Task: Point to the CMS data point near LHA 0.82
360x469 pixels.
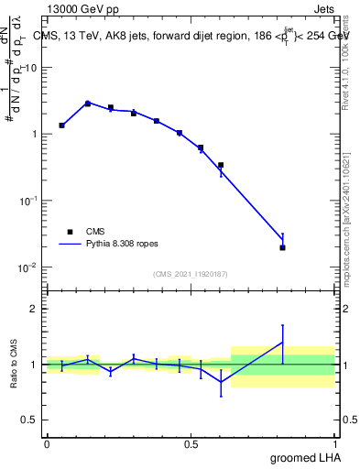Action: (282, 247)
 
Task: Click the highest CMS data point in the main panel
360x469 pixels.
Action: (88, 104)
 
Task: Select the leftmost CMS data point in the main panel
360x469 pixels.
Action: (61, 125)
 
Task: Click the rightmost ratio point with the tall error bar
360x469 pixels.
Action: (282, 343)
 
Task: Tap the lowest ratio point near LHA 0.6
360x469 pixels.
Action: (221, 381)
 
